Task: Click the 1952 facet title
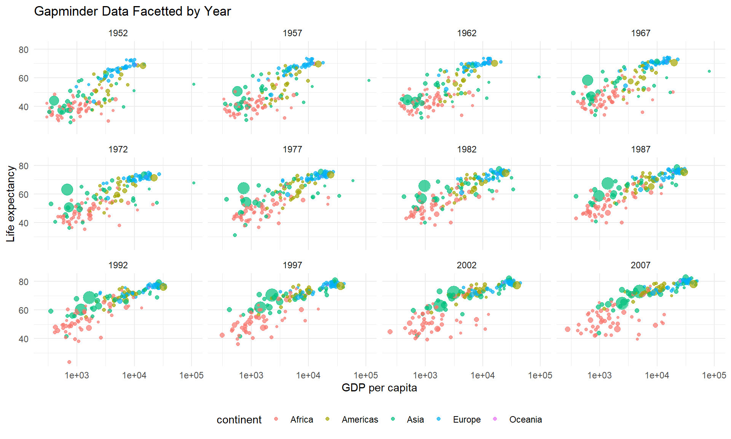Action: click(118, 33)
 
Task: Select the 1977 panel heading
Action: click(292, 149)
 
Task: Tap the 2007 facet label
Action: click(640, 265)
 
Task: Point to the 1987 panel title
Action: click(640, 149)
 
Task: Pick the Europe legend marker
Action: click(439, 419)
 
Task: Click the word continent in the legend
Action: click(239, 420)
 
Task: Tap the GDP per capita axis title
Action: click(379, 388)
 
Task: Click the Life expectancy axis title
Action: click(11, 204)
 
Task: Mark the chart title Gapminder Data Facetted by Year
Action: click(132, 11)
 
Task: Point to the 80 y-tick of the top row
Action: click(24, 50)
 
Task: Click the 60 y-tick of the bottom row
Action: click(24, 311)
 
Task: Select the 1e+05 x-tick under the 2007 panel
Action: click(714, 375)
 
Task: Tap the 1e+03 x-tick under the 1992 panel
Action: click(77, 375)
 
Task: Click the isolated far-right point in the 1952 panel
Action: click(194, 84)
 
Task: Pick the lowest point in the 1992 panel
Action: click(69, 362)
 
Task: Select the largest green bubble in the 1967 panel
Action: click(587, 80)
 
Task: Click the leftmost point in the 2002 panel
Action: click(390, 332)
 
